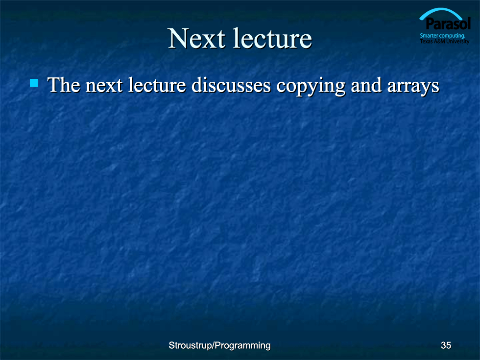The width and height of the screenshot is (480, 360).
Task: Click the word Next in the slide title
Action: click(197, 39)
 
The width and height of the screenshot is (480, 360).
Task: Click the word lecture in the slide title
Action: click(272, 39)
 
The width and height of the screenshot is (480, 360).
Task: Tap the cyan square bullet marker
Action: click(34, 83)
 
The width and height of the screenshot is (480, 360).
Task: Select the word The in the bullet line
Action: click(64, 85)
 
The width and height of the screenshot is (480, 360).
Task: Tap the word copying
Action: click(311, 87)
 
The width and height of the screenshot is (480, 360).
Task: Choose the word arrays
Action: click(413, 87)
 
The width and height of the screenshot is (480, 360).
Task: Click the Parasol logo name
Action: click(448, 24)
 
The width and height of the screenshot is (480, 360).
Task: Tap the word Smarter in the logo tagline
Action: click(429, 36)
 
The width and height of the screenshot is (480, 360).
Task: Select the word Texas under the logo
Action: click(426, 41)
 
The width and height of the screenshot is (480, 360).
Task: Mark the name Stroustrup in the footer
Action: click(191, 346)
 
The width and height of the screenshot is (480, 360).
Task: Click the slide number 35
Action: click(446, 346)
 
